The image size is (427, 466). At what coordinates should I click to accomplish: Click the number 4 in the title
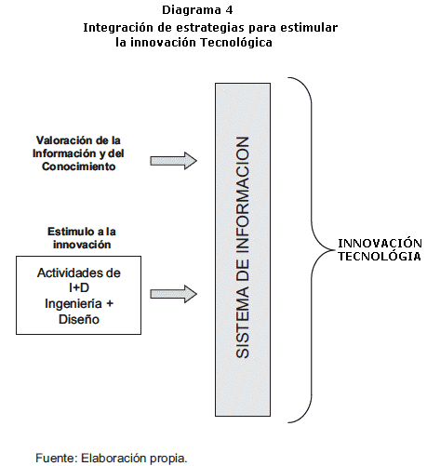(x=229, y=10)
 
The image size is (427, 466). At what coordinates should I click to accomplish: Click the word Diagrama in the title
(x=192, y=10)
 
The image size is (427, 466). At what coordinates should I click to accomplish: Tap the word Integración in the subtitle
(x=118, y=28)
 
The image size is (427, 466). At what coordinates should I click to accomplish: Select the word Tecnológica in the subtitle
(x=236, y=43)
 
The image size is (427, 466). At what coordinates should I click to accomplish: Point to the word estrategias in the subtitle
(x=210, y=28)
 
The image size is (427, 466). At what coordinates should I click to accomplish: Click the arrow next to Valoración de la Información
(x=173, y=161)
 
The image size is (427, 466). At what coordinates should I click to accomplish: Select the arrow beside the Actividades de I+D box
(x=173, y=294)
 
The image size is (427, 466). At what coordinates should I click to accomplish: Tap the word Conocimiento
(x=79, y=166)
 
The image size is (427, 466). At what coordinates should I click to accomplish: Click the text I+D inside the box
(x=79, y=288)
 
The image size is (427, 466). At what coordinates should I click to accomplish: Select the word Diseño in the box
(x=79, y=319)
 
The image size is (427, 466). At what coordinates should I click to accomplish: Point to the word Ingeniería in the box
(x=73, y=304)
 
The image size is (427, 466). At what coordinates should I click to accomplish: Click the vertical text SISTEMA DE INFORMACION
(x=243, y=247)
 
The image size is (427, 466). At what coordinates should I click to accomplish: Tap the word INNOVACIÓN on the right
(x=380, y=243)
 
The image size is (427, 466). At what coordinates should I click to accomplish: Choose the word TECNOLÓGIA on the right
(x=380, y=256)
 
